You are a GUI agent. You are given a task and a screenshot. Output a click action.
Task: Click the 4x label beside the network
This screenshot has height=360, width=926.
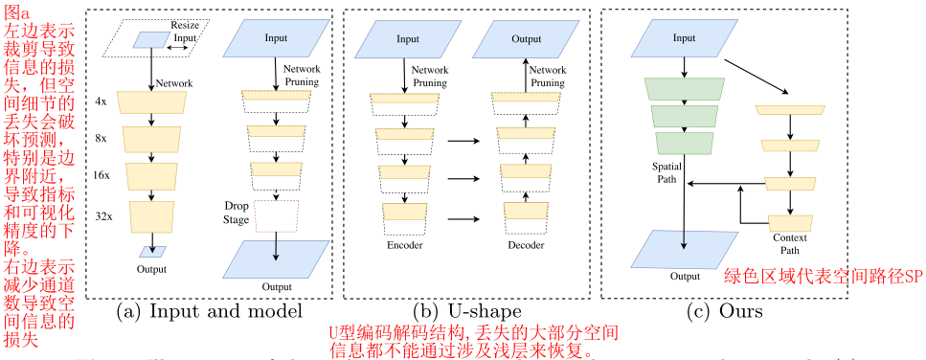[x=102, y=101]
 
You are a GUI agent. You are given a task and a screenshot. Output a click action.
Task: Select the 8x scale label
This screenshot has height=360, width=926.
[x=102, y=138]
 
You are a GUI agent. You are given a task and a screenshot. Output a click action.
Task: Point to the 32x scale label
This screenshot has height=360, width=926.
[x=102, y=214]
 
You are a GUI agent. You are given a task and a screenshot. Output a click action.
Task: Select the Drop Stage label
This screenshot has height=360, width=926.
[x=237, y=213]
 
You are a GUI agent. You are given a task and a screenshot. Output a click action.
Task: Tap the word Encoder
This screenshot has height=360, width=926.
[x=404, y=246]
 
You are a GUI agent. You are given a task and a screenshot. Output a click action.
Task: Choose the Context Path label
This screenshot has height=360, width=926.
[x=790, y=240]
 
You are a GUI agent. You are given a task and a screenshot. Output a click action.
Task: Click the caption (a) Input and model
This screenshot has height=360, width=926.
[x=210, y=310]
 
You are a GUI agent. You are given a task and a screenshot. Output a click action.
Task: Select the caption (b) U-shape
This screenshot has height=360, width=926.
[x=466, y=310]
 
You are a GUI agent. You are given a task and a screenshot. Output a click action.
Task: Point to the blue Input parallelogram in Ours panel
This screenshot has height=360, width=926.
[x=683, y=39]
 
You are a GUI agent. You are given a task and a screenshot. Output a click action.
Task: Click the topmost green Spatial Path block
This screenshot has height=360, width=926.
[x=683, y=88]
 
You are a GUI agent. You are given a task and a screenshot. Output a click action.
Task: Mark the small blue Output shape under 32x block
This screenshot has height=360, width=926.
[x=151, y=252]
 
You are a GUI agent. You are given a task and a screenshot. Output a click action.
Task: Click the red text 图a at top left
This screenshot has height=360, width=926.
[x=17, y=11]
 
